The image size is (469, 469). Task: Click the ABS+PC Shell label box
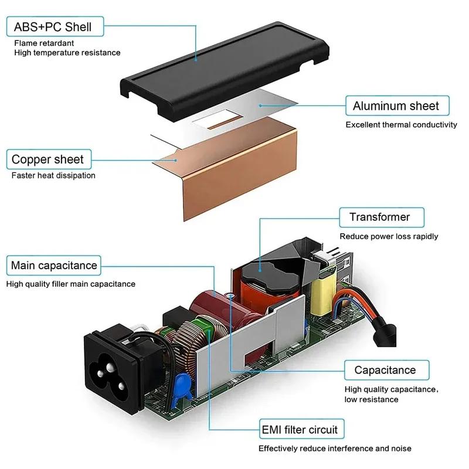point(49,27)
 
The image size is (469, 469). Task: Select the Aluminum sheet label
point(396,106)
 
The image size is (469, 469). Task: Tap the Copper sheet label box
point(47,159)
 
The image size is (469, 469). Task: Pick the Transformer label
point(379,217)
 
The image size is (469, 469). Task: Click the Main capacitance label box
point(54,266)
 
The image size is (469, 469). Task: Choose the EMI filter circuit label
point(300,430)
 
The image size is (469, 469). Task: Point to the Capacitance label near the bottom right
point(385,370)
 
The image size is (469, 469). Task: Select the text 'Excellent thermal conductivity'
point(401,125)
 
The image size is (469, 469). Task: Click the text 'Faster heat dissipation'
point(53,175)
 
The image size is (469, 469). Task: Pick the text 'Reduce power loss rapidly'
point(389,236)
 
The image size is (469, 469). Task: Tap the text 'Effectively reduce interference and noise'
point(335,448)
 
